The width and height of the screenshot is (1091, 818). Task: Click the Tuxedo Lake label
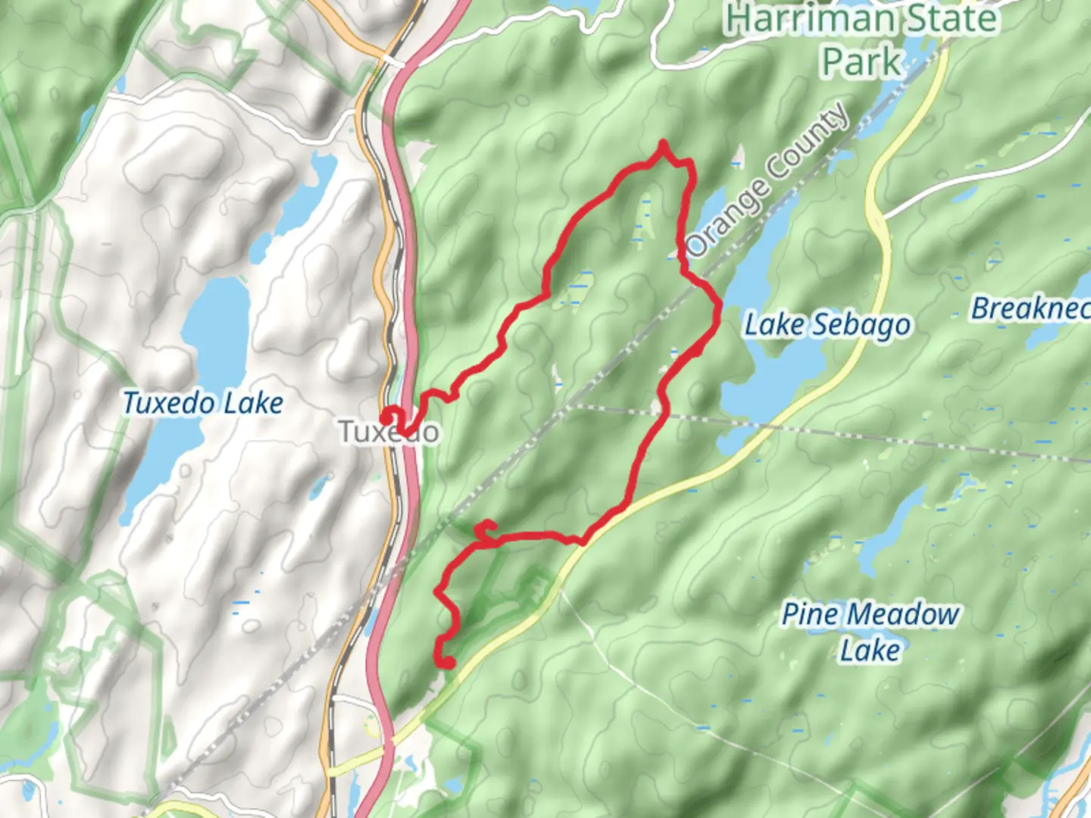[202, 403]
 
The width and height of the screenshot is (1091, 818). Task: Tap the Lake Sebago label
[827, 325]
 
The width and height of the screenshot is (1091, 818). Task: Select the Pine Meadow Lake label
[870, 632]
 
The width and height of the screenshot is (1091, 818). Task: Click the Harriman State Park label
[861, 39]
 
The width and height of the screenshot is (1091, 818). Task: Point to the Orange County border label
[769, 180]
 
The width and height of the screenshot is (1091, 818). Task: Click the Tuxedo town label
[389, 432]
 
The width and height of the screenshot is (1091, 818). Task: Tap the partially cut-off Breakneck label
[1030, 308]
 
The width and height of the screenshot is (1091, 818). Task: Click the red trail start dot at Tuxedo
[386, 416]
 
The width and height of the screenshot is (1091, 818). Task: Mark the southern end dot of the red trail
[448, 663]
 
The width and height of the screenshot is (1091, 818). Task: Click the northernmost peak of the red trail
[664, 143]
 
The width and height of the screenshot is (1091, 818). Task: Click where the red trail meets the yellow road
[583, 541]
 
